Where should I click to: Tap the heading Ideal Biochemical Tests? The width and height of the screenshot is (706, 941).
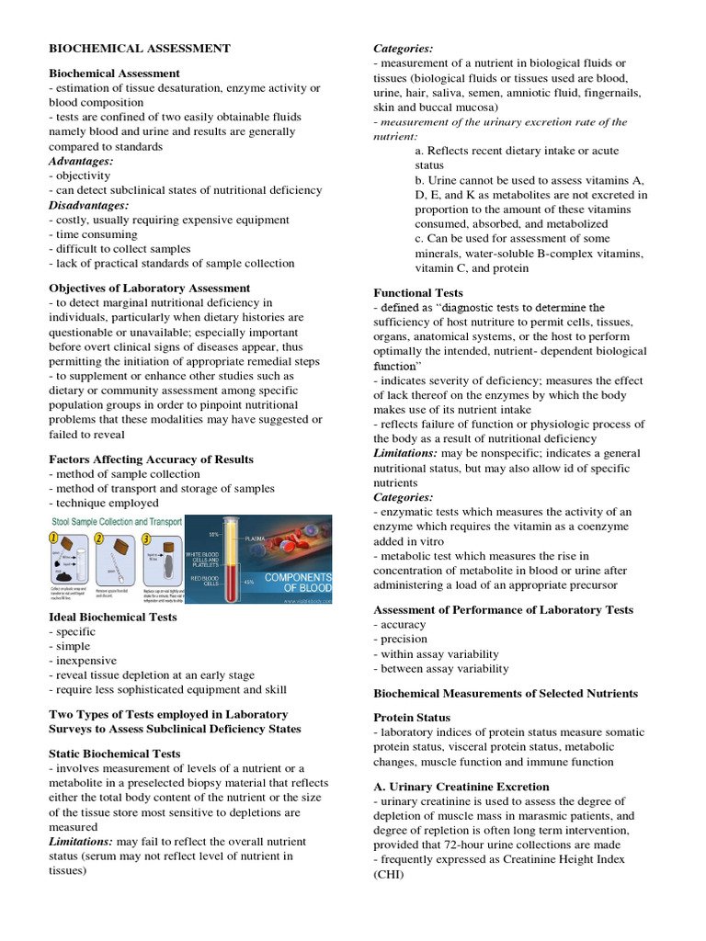click(112, 618)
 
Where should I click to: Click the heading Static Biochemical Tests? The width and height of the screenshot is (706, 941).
click(114, 754)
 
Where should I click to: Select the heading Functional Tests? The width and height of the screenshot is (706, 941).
click(417, 293)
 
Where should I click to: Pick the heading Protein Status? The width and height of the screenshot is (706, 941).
click(411, 717)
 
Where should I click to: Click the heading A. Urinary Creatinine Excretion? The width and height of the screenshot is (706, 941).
click(461, 787)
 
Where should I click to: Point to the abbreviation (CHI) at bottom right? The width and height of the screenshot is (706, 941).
click(389, 875)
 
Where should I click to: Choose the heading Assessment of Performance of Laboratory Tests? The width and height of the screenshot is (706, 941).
click(503, 610)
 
